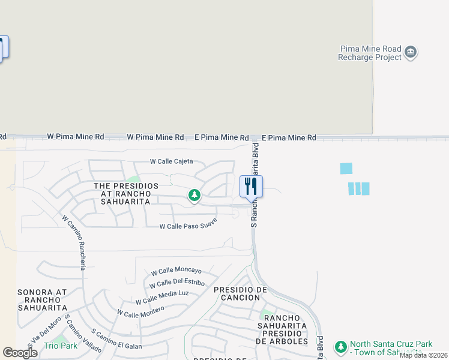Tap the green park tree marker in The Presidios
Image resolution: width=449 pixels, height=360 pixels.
click(194, 195)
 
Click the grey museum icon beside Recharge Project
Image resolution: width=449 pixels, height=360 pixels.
click(411, 52)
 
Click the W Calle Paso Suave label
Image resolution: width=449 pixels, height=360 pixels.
click(188, 224)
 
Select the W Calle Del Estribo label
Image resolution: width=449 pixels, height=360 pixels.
click(177, 283)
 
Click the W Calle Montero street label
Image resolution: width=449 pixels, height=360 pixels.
click(140, 311)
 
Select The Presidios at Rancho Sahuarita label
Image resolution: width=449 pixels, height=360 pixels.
click(126, 194)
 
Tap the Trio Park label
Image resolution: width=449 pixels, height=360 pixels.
click(61, 346)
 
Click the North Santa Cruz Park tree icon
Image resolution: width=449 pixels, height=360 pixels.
click(340, 347)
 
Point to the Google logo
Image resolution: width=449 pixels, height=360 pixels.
click(20, 353)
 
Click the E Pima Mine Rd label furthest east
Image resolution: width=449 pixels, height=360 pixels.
click(289, 138)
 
